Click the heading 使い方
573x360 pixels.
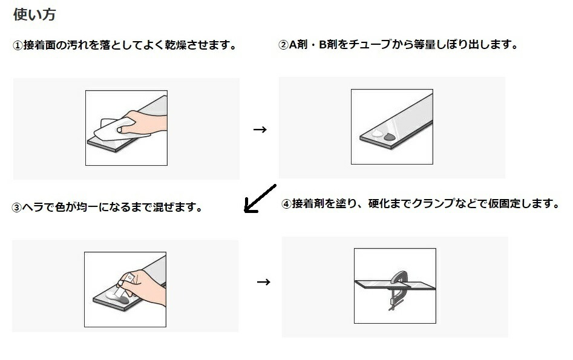pos(34,15)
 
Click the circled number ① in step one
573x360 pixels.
pos(18,46)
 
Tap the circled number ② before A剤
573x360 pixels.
pos(284,45)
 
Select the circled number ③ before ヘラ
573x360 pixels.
pos(17,208)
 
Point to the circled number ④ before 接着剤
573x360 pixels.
pos(286,204)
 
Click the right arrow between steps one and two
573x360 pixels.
pos(260,129)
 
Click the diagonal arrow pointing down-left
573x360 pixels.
pos(260,198)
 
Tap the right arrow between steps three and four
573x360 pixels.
pos(263,282)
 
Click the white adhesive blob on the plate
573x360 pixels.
pos(377,133)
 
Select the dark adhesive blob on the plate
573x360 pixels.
pos(390,137)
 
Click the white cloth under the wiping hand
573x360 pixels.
pos(117,129)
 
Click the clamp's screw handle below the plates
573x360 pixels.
pos(395,306)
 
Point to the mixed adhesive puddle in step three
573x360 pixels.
pos(117,296)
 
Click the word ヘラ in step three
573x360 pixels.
pos(33,208)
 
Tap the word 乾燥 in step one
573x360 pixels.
pos(175,45)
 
